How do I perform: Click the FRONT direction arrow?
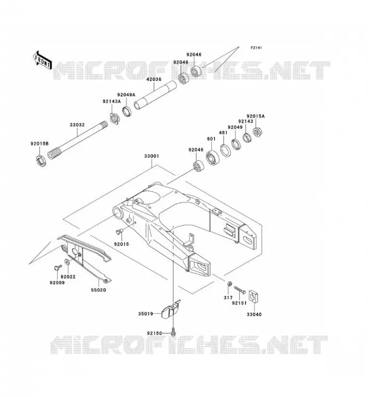(42, 61)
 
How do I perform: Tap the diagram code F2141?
(256, 48)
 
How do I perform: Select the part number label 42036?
(154, 79)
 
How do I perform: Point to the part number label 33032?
(77, 125)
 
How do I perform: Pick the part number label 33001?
(152, 156)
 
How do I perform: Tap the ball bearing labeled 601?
(213, 158)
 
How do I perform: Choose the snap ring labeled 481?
(224, 151)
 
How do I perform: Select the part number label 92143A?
(112, 101)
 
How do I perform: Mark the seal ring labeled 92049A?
(128, 112)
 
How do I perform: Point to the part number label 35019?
(145, 314)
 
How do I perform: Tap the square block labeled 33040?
(253, 296)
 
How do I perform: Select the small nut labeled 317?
(230, 284)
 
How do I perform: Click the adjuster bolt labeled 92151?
(240, 290)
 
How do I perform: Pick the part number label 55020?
(99, 290)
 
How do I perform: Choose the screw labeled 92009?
(58, 267)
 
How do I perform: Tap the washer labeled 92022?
(67, 262)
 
